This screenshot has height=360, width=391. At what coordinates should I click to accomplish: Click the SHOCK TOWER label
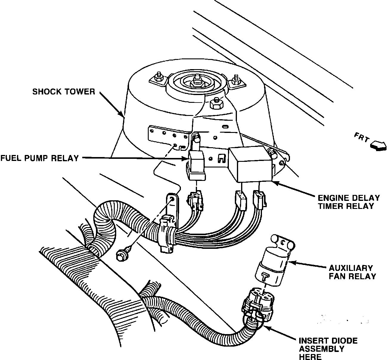[63, 91]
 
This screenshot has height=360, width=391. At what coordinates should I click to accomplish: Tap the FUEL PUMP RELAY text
[39, 158]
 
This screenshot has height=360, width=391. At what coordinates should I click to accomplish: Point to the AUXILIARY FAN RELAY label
[352, 272]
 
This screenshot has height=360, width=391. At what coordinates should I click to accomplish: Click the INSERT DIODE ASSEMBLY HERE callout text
[328, 348]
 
